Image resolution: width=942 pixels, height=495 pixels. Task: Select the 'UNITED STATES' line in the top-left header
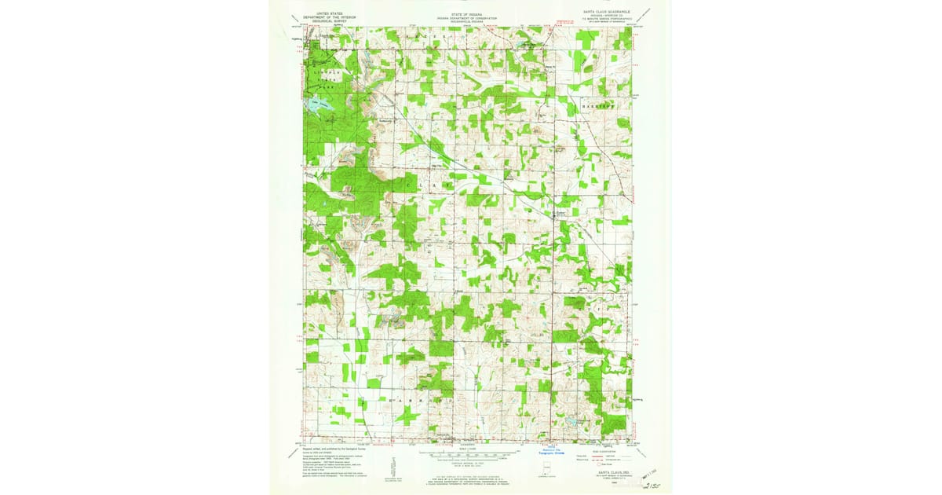(x=329, y=13)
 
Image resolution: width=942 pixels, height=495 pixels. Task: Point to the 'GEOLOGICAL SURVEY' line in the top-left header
(x=329, y=22)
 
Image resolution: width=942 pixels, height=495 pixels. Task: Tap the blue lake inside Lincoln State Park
(x=323, y=104)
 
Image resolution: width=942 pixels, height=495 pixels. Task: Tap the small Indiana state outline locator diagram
(x=545, y=472)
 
